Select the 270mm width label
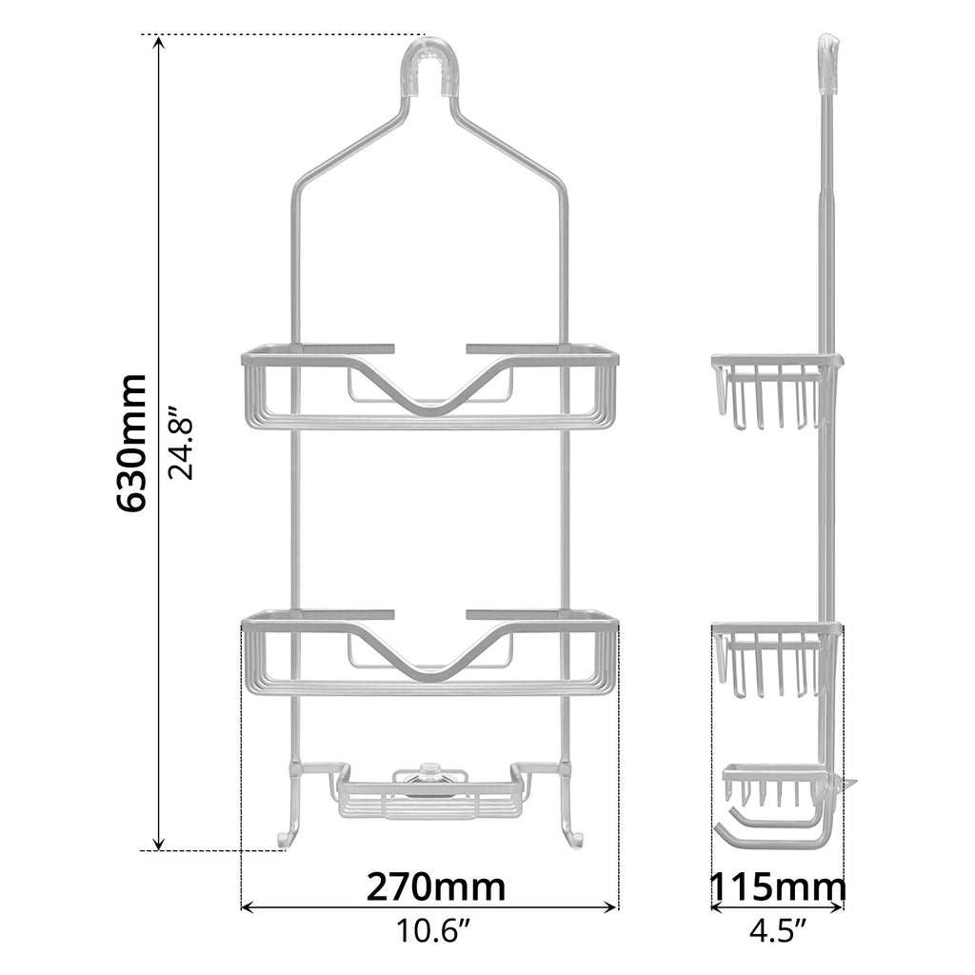click(435, 886)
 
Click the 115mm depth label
click(777, 887)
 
